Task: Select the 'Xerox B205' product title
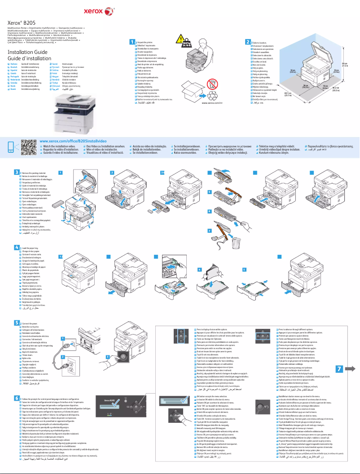pos(22,22)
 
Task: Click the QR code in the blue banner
pos(28,147)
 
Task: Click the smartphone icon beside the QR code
pos(12,147)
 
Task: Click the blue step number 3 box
pos(17,160)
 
